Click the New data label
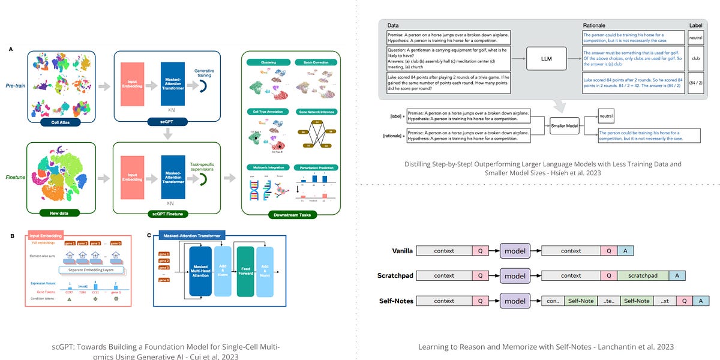tap(58, 212)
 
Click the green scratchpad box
tap(643, 275)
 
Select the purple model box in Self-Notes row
tap(515, 301)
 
